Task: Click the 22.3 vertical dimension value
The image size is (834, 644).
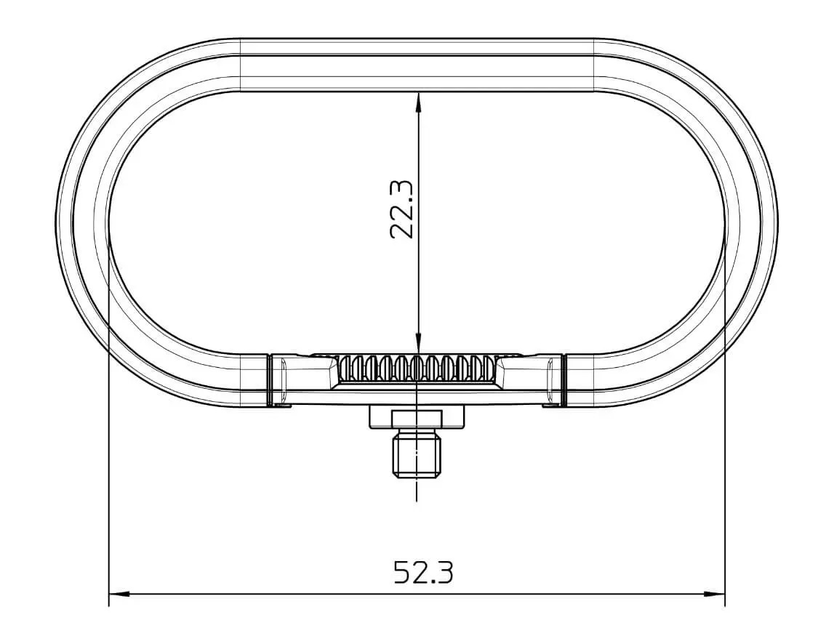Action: coord(402,210)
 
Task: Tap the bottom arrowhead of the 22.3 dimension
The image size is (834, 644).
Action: coord(417,345)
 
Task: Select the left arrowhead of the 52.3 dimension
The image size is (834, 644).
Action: coord(116,594)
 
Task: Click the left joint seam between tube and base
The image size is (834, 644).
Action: coord(270,379)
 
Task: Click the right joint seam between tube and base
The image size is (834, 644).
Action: coord(564,379)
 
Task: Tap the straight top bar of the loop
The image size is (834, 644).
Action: coord(417,64)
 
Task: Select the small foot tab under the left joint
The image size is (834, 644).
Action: coord(283,405)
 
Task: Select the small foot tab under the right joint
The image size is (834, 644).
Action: coord(550,405)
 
